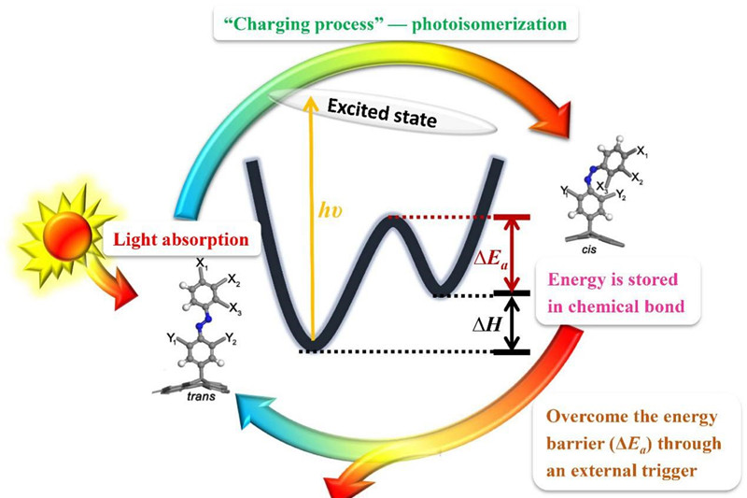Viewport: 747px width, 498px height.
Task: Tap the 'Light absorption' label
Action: click(181, 239)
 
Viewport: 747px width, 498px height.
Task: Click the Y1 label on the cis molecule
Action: click(563, 192)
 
